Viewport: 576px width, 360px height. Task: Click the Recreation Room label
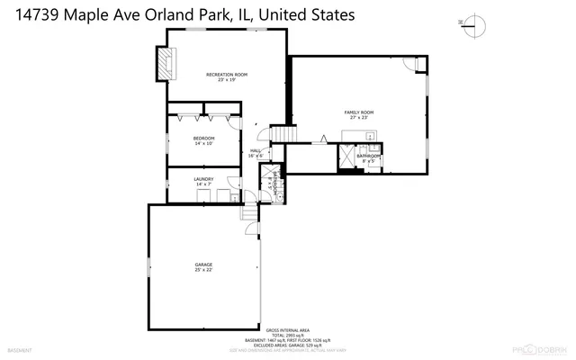226,74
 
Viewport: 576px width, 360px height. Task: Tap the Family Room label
358,112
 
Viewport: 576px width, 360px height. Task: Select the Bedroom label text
203,138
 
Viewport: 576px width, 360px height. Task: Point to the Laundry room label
203,179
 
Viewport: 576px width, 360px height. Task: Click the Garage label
203,264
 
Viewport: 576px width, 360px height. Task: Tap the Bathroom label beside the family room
369,157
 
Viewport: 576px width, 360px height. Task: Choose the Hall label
255,150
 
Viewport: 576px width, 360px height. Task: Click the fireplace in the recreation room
165,63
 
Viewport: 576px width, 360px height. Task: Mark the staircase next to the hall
284,134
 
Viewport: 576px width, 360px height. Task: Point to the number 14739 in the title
37,15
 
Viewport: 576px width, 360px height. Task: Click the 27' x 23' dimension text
358,118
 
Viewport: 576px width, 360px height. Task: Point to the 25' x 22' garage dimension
203,269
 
